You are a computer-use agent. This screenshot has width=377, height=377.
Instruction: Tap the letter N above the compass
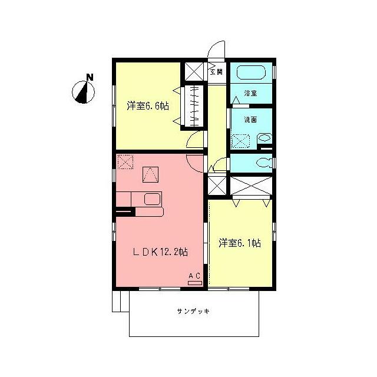tap(89, 77)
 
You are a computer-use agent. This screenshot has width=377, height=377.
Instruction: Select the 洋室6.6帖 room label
tap(148, 106)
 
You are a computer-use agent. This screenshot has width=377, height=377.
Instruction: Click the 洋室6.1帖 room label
tap(240, 242)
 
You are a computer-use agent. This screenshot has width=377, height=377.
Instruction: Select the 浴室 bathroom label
tap(250, 92)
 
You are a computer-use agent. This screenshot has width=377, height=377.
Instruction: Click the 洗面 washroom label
tap(250, 120)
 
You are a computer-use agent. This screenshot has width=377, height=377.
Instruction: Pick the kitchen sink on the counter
tap(152, 199)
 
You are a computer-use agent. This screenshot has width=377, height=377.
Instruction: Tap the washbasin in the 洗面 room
tap(264, 139)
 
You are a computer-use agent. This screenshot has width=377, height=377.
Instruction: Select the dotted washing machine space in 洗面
tap(241, 140)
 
